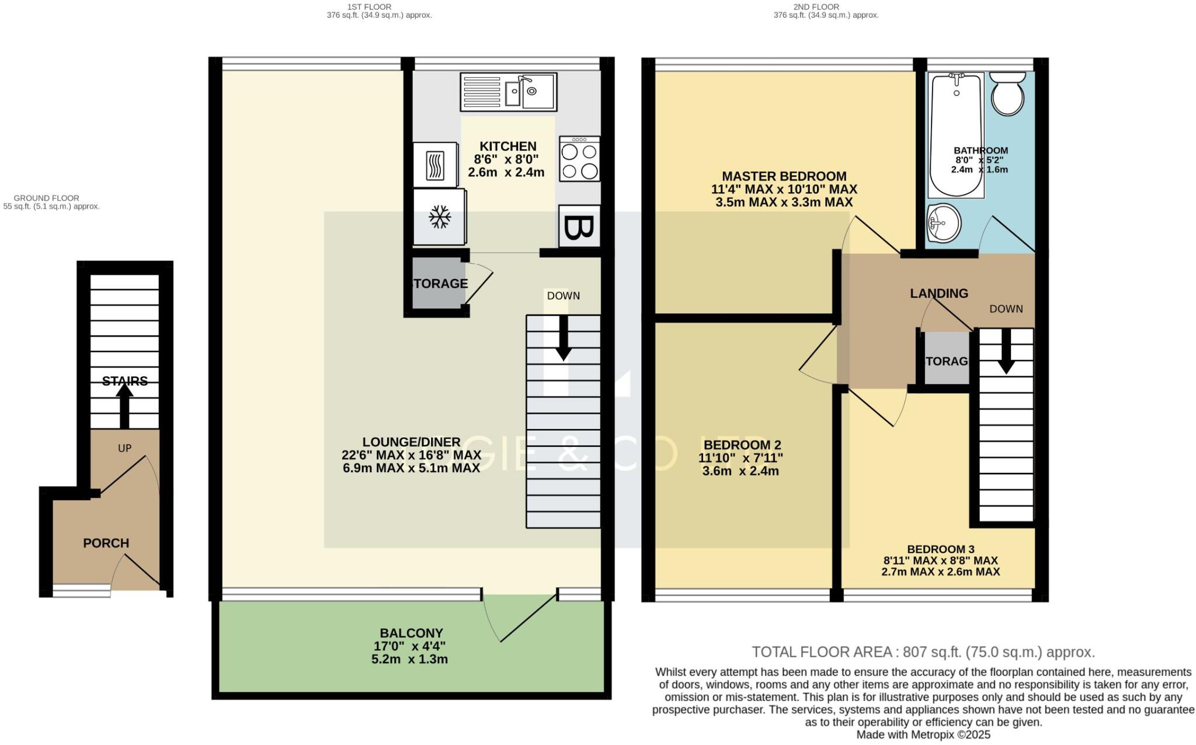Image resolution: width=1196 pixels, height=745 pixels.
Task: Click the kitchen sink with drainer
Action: tap(508, 92)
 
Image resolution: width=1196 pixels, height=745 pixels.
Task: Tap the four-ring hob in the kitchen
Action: tap(579, 159)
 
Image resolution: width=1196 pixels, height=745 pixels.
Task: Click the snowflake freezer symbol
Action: tap(440, 217)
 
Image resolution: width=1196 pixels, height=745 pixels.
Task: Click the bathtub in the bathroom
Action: tap(956, 134)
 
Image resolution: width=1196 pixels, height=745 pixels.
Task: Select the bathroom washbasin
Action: tap(943, 223)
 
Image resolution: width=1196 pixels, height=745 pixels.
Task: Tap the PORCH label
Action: tap(106, 543)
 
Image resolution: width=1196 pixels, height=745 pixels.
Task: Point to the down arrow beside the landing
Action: tap(1006, 351)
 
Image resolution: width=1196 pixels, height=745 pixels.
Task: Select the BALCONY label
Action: tap(411, 633)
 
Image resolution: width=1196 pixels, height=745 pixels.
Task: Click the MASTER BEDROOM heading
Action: tap(784, 176)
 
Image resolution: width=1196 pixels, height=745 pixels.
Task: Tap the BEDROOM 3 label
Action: tap(940, 549)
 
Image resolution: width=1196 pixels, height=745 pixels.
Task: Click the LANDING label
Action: tap(938, 293)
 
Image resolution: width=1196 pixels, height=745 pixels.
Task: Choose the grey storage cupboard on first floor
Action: tap(439, 284)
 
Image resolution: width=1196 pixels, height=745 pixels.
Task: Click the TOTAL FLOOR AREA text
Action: tap(923, 652)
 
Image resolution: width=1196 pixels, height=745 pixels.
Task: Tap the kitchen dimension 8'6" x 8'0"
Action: tap(506, 159)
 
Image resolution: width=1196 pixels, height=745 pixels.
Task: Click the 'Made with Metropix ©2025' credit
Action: tap(923, 735)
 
